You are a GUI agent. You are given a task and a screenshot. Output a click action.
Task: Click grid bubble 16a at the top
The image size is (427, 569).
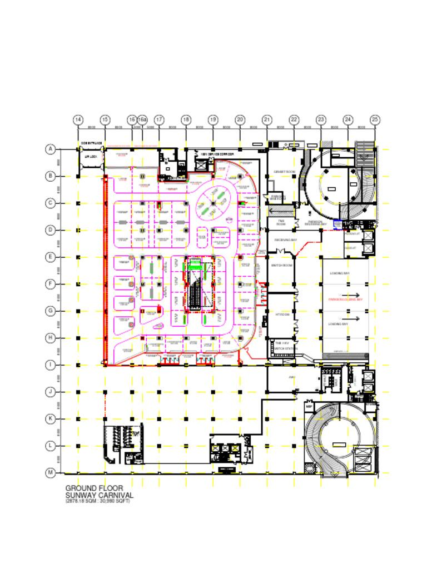[142, 119]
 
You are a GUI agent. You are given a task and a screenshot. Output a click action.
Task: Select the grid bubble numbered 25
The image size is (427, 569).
[375, 119]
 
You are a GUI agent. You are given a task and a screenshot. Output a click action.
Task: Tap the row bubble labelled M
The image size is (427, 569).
[51, 473]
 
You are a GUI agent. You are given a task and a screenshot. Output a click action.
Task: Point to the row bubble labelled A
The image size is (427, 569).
[51, 149]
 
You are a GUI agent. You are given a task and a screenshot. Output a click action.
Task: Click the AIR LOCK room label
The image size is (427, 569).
[91, 157]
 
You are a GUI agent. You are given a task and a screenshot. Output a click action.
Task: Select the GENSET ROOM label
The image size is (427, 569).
[284, 172]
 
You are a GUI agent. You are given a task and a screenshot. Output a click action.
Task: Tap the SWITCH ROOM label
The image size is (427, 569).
[281, 266]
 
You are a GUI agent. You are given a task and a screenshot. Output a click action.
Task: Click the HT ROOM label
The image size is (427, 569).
[281, 315]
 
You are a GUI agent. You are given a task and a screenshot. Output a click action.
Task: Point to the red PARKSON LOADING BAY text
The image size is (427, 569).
[345, 300]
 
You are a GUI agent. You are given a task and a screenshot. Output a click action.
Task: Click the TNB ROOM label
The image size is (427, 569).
[281, 222]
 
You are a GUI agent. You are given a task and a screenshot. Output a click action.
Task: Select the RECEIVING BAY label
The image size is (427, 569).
[286, 240]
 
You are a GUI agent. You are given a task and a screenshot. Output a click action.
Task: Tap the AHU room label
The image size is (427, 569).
[291, 377]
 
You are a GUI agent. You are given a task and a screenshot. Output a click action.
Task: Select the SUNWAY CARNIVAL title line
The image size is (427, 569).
[99, 495]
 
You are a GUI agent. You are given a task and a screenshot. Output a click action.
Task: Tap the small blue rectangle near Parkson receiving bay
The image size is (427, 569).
[337, 223]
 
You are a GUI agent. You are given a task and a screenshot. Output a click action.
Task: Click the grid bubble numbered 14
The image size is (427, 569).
[78, 119]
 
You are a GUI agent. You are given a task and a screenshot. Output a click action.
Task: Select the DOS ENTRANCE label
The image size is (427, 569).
[91, 143]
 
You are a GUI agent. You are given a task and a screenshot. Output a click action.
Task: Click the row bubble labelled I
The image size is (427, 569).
[51, 365]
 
